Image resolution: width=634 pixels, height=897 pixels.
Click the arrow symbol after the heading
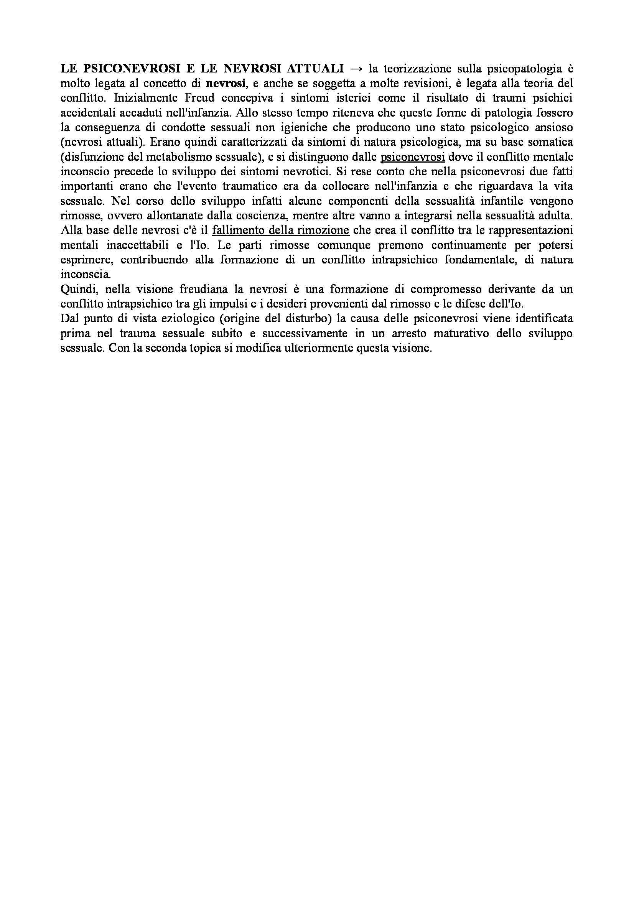pos(356,69)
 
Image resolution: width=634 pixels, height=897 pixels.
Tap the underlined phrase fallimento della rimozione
pos(280,230)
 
